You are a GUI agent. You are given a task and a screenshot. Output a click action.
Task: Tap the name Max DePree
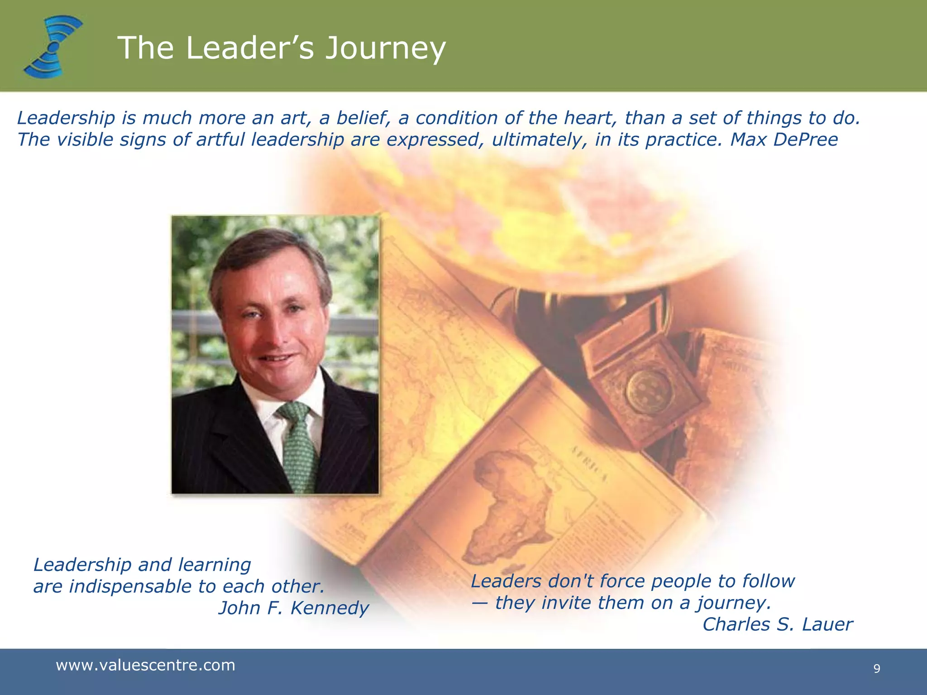click(x=784, y=139)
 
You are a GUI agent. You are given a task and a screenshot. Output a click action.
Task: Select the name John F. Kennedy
click(x=294, y=608)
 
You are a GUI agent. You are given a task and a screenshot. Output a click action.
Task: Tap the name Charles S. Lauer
click(x=777, y=624)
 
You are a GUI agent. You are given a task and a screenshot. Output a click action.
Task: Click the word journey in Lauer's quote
click(x=733, y=603)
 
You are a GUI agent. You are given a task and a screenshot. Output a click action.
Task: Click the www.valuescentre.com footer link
click(x=145, y=665)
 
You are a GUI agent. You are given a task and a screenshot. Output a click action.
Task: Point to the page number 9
click(x=877, y=669)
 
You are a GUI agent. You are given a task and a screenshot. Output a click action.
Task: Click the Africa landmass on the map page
click(x=511, y=502)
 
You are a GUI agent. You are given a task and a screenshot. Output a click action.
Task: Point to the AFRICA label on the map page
click(x=588, y=464)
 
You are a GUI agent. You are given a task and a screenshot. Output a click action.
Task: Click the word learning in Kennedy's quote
click(x=214, y=565)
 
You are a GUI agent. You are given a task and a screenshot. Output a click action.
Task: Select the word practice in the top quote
click(x=683, y=139)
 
